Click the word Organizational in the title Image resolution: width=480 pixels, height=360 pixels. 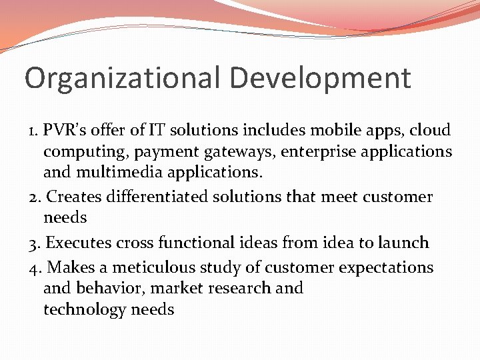(122, 79)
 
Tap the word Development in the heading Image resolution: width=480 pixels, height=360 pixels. (320, 79)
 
